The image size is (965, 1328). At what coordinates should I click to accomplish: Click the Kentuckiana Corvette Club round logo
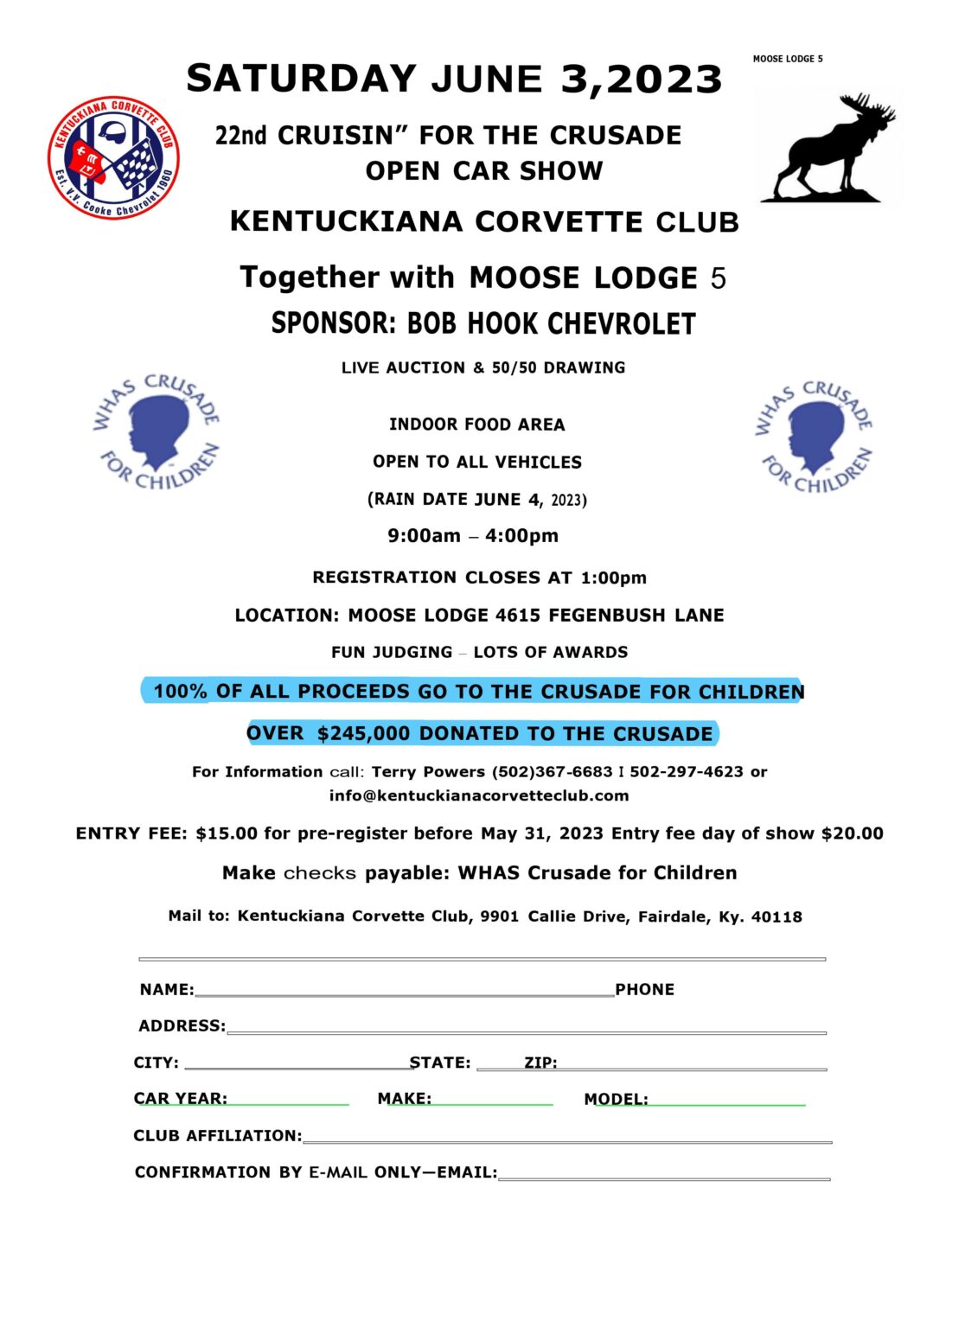point(113,157)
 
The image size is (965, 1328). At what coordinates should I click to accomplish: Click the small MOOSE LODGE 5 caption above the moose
point(788,59)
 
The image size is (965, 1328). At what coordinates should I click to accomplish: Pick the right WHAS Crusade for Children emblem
point(815,437)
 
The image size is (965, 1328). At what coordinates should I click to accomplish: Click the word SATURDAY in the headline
point(302,79)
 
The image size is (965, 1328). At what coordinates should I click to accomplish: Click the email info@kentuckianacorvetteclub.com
point(479,795)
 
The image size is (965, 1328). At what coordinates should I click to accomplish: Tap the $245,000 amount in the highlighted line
point(363,734)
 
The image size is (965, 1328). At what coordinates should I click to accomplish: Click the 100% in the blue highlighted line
point(180,692)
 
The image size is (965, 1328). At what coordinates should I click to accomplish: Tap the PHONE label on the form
point(644,990)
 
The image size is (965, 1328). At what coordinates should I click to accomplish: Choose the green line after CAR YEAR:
point(288,1103)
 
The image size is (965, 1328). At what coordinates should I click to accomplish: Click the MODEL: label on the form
point(616,1100)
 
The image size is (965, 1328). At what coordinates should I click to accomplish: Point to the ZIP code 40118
point(776,916)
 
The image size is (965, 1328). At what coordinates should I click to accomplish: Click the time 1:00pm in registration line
point(613,578)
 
